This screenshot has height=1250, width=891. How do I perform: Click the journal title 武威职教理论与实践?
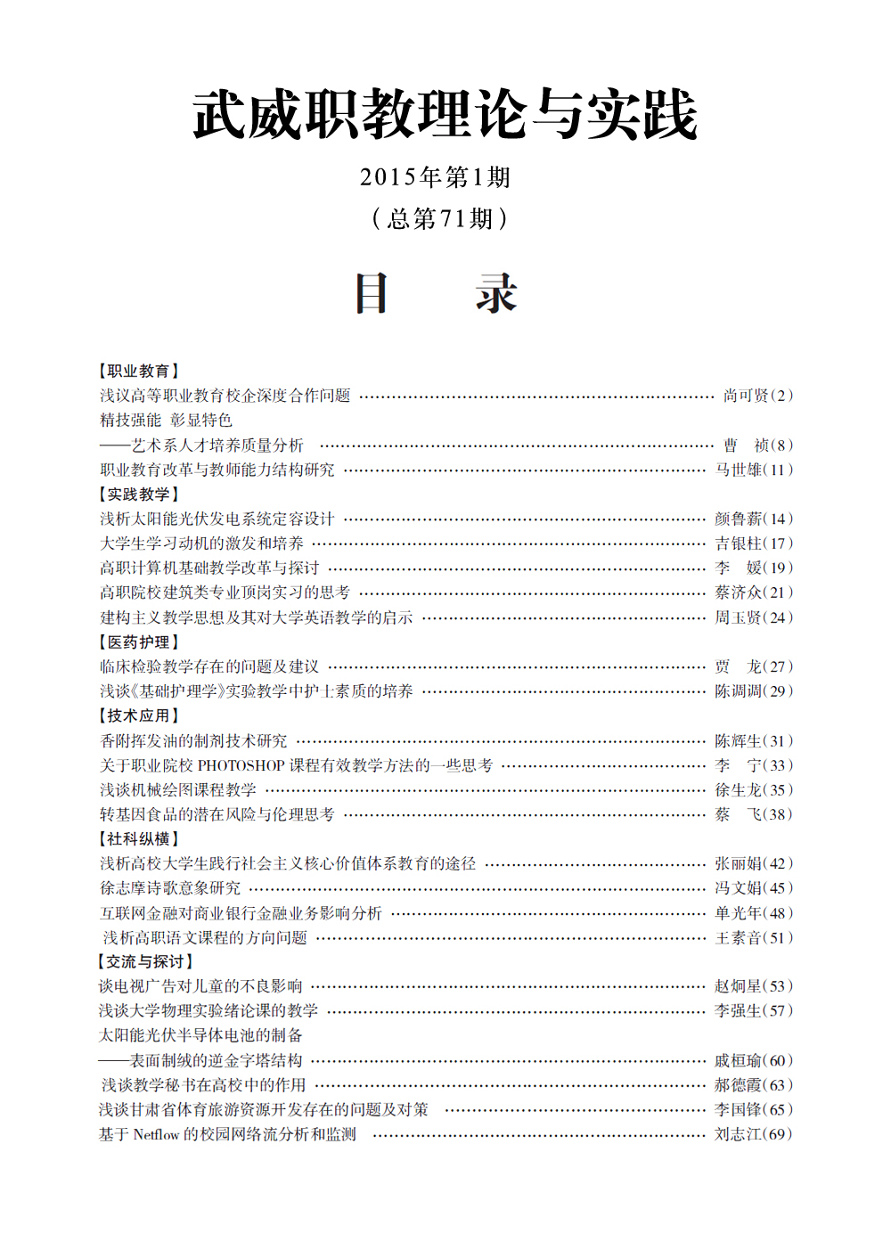tap(445, 115)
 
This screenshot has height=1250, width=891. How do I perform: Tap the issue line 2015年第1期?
tap(435, 177)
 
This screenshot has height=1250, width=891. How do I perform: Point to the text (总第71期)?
tap(439, 218)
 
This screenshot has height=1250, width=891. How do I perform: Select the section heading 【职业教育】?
tap(138, 371)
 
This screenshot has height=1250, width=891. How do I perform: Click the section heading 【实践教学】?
tap(138, 494)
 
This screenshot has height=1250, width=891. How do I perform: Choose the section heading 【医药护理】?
tap(138, 641)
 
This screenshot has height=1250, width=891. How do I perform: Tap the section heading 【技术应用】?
tap(138, 715)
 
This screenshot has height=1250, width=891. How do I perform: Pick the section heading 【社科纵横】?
tap(138, 838)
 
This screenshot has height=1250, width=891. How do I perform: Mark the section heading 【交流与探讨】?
tap(144, 961)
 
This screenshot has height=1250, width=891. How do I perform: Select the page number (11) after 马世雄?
tap(778, 470)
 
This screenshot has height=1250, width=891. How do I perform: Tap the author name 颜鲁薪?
tap(738, 519)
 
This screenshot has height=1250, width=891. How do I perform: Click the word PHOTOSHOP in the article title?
tap(241, 765)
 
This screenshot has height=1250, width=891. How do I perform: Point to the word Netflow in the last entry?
tap(156, 1134)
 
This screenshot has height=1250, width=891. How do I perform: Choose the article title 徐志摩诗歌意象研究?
tap(170, 888)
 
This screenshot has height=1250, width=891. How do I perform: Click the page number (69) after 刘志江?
tap(778, 1134)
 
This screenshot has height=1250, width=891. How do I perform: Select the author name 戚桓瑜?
tap(738, 1060)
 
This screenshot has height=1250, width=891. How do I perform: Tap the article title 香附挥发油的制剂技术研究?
tap(193, 740)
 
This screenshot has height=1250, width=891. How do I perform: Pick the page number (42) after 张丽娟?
tap(778, 863)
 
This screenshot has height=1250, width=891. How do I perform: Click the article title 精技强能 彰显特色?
tap(166, 420)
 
